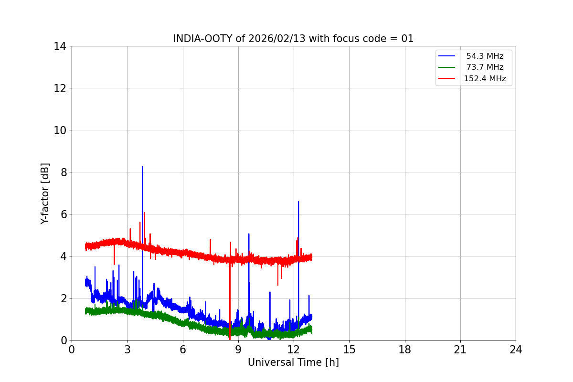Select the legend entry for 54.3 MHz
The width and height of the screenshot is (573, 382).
coord(485,56)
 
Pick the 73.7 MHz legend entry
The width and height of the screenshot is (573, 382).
coord(485,67)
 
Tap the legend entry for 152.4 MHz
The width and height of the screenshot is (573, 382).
coord(485,79)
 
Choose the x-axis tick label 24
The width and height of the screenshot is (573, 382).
coord(516,350)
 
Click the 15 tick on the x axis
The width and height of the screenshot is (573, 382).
coord(349,350)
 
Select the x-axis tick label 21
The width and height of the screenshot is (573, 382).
coord(460,350)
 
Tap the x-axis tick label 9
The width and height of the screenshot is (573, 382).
coord(238,350)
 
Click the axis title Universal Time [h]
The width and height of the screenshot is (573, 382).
coord(293,363)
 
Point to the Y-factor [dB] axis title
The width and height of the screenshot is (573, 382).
coord(45,193)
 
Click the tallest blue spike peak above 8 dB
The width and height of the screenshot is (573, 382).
coord(142,167)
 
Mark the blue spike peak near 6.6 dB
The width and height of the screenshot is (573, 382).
coord(298,202)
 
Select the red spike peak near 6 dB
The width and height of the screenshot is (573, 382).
coord(144,212)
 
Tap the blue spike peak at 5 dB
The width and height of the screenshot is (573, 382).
coord(249,234)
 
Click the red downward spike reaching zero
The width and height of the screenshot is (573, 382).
coord(230,339)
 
